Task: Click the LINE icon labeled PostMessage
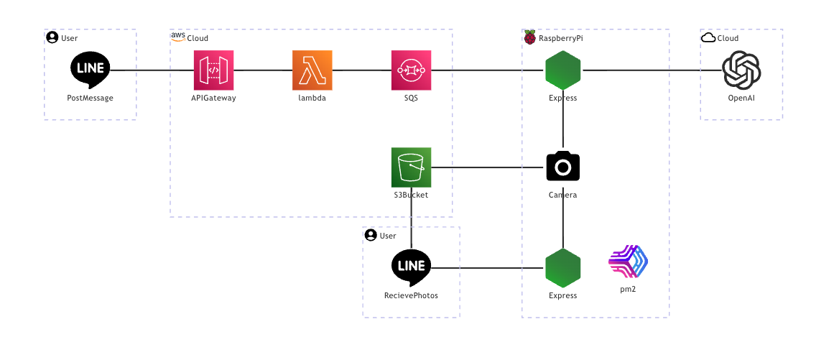[x=91, y=70]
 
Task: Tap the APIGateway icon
[x=213, y=70]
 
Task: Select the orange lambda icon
[x=312, y=70]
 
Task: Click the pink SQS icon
[x=411, y=70]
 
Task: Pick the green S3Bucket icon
[x=411, y=167]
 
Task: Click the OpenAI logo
[x=741, y=70]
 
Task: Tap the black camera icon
[x=562, y=167]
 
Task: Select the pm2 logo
[x=628, y=262]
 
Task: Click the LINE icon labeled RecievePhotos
[x=411, y=267]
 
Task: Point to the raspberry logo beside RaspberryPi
[x=530, y=37]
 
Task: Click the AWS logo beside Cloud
[x=177, y=36]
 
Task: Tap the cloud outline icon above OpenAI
[x=708, y=38]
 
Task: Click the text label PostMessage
[x=91, y=98]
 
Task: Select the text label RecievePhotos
[x=411, y=295]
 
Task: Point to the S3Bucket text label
[x=411, y=195]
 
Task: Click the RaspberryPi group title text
[x=561, y=38]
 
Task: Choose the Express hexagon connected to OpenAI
[x=562, y=70]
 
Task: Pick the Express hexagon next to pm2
[x=562, y=268]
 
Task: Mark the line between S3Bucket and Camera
[x=488, y=168]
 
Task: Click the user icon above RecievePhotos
[x=371, y=235]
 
